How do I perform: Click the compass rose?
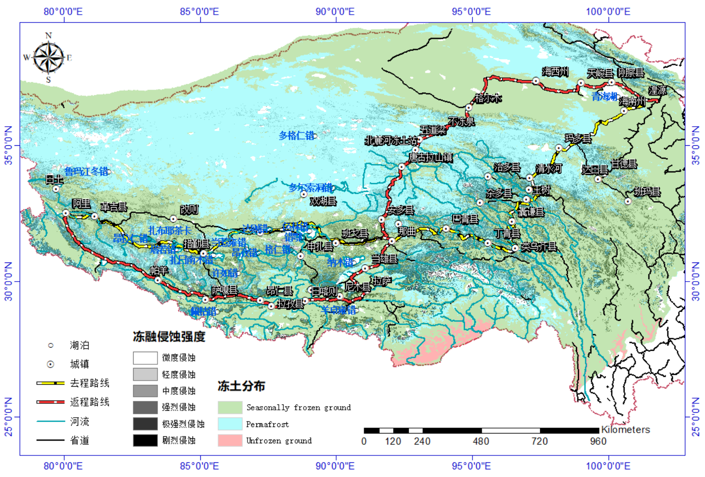pos(48,57)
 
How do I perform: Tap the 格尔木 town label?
pos(488,98)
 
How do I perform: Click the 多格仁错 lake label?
pos(297,136)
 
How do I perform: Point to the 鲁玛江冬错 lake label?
pos(86,171)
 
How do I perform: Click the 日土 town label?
pos(55,179)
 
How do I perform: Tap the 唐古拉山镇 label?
pos(430,158)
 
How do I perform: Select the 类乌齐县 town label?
pos(539,247)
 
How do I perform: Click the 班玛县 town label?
pos(647,192)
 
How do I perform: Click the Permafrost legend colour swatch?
pos(230,424)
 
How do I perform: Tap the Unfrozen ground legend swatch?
pos(230,440)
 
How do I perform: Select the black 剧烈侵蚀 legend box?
pos(145,440)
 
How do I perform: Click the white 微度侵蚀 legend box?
pos(145,358)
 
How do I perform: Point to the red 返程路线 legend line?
pos(50,402)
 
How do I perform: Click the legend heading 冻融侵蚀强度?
pos(169,337)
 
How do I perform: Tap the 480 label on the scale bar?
pos(481,441)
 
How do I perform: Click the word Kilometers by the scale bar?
pos(625,430)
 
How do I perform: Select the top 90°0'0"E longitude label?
pos(335,11)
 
